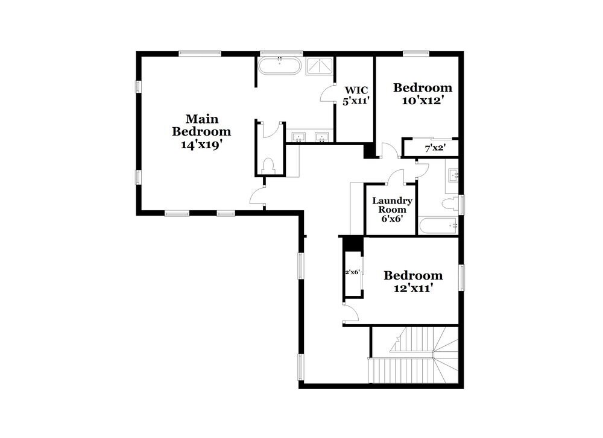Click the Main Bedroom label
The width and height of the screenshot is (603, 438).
[201, 125]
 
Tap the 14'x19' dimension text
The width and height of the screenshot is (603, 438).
[202, 145]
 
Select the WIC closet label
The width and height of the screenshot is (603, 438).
[356, 90]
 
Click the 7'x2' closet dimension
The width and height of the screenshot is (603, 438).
[435, 148]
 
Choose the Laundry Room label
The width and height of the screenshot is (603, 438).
[393, 205]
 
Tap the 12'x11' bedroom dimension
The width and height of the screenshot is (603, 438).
[414, 288]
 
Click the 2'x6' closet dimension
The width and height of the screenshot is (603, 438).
[352, 272]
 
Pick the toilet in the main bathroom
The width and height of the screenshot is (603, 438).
[268, 165]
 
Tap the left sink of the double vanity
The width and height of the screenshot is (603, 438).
[299, 137]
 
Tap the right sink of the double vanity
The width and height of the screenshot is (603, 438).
[321, 137]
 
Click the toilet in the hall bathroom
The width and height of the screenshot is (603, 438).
[450, 204]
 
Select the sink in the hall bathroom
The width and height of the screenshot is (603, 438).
[453, 176]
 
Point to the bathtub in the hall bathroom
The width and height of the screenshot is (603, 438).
[438, 225]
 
